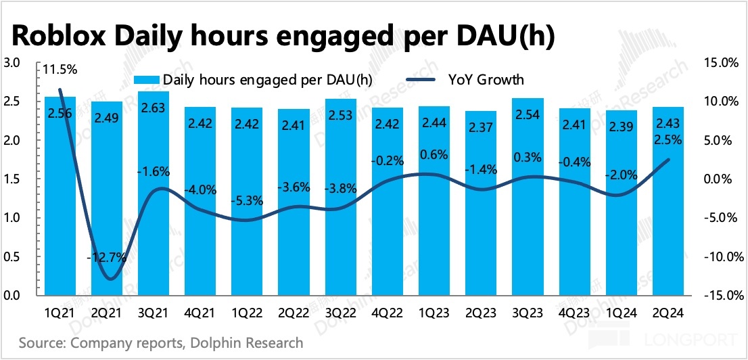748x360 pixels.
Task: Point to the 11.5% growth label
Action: pyautogui.click(x=60, y=69)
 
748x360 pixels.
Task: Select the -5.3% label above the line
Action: pyautogui.click(x=247, y=200)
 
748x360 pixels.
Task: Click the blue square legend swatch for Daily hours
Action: pyautogui.click(x=156, y=80)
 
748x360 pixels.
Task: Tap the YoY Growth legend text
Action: pyautogui.click(x=486, y=80)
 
